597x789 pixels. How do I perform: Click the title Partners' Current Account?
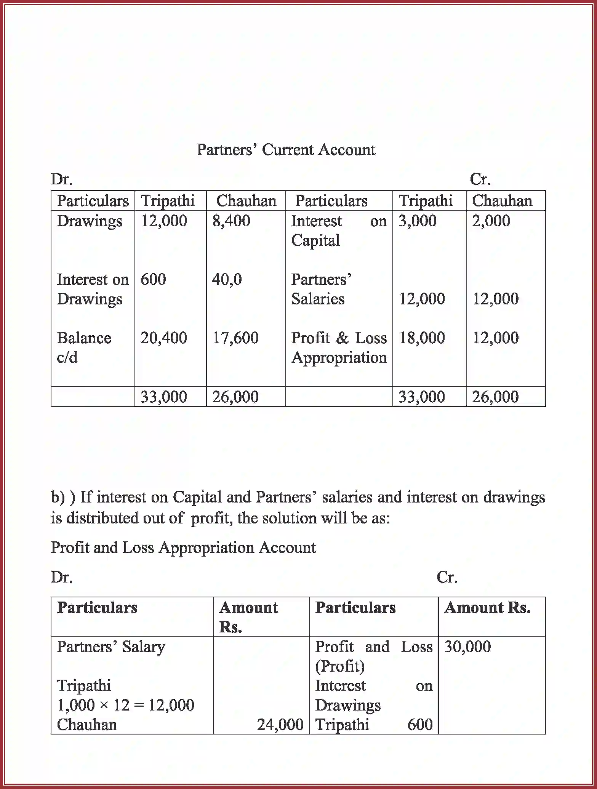coord(286,150)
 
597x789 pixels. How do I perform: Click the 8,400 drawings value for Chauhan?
coord(231,221)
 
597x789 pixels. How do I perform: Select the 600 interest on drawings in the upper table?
coord(153,280)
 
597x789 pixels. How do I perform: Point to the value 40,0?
coord(227,280)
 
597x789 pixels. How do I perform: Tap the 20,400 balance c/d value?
coord(163,338)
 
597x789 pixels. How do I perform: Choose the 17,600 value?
coord(235,338)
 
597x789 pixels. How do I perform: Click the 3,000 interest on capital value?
coord(417,221)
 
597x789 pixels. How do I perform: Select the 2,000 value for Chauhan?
coord(491,221)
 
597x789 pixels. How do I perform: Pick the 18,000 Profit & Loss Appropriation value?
coord(421,338)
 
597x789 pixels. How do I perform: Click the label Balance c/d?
coord(83,347)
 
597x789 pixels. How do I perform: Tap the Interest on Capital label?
coord(338,230)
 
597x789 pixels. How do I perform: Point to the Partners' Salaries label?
coord(321,289)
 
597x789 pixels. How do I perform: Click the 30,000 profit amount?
coord(467,647)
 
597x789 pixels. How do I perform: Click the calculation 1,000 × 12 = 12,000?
coord(125,705)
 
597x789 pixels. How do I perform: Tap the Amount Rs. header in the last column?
coord(487,608)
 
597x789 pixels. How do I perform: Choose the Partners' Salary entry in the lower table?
coord(111,647)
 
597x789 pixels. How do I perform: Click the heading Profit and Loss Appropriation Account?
coord(183,548)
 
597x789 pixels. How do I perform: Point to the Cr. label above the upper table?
coord(480,179)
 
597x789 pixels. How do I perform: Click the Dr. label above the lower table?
coord(62,577)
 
